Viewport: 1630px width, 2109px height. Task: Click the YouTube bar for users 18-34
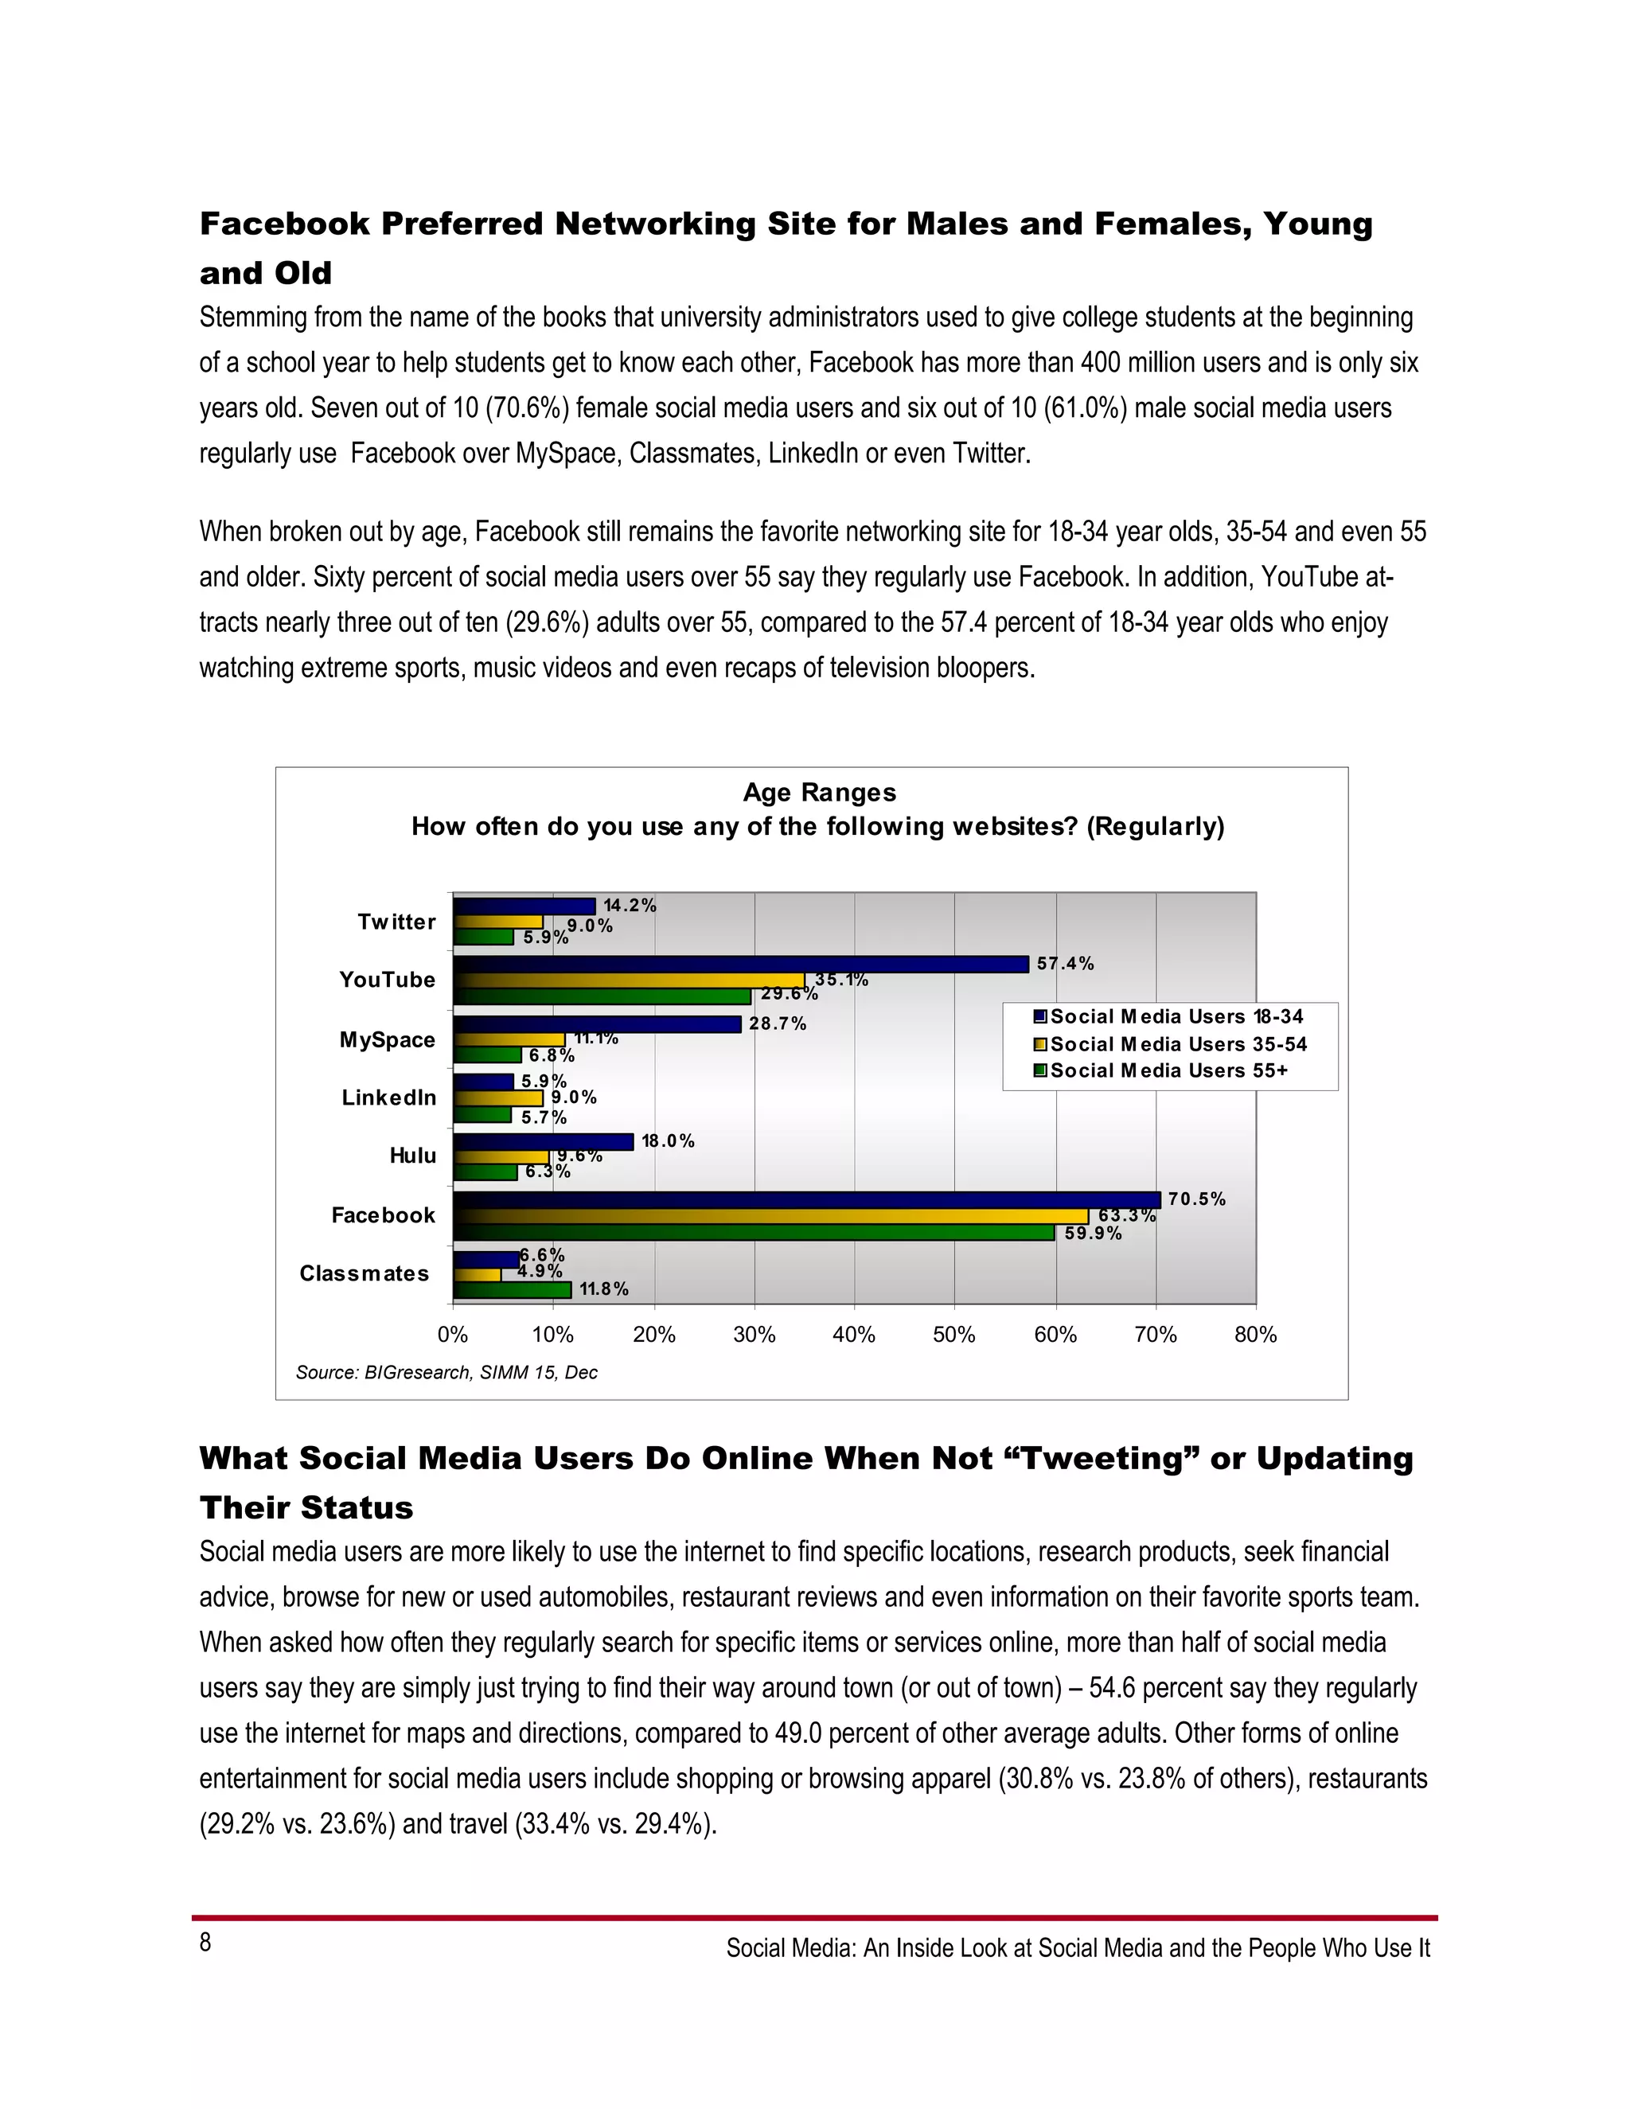(741, 964)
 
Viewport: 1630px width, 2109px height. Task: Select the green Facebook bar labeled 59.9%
(753, 1233)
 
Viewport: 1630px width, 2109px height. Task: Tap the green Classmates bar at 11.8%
(512, 1290)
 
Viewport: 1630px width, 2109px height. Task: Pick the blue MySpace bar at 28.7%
(597, 1024)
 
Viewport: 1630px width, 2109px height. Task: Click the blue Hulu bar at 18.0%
(543, 1141)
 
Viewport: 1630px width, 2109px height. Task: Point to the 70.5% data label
(1196, 1199)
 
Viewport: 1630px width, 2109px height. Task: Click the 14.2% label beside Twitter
(630, 906)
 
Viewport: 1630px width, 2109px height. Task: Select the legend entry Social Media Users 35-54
(1177, 1045)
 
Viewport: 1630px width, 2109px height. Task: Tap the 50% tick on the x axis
(954, 1335)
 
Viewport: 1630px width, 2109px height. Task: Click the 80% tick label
(1255, 1335)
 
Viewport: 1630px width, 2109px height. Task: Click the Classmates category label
(364, 1273)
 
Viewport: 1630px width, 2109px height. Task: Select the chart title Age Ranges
(819, 793)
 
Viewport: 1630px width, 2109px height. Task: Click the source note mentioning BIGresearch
(446, 1372)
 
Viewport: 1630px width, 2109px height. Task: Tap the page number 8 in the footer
(205, 1942)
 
